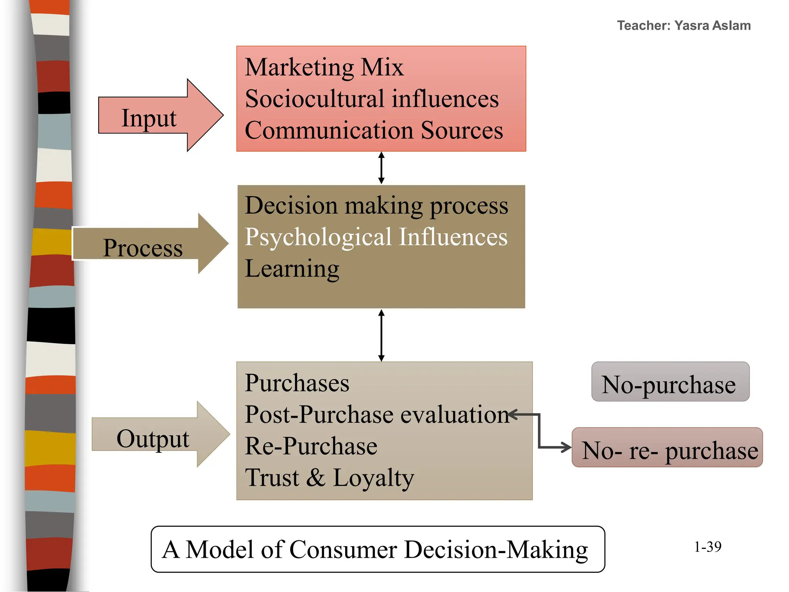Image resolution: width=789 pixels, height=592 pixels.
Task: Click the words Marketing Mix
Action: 324,67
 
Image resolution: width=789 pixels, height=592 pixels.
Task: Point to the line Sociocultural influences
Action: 372,99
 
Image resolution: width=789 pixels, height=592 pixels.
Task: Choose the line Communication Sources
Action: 374,130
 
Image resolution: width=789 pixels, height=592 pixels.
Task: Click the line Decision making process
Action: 376,205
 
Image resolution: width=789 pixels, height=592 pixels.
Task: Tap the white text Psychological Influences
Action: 376,237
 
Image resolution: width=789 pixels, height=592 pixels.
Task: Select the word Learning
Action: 292,269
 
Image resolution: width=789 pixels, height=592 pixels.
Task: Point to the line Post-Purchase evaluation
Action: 377,414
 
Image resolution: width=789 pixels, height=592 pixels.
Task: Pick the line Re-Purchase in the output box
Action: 311,446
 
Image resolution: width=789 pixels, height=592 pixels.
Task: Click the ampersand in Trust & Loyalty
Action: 316,478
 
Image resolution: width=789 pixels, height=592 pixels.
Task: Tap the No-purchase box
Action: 670,382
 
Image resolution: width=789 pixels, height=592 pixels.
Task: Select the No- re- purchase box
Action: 667,447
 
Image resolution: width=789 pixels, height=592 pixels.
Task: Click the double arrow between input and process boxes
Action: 381,168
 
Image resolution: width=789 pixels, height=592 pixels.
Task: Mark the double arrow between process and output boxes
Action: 381,335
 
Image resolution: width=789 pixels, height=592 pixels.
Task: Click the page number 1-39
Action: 707,547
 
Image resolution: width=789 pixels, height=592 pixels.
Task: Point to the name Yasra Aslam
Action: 712,25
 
